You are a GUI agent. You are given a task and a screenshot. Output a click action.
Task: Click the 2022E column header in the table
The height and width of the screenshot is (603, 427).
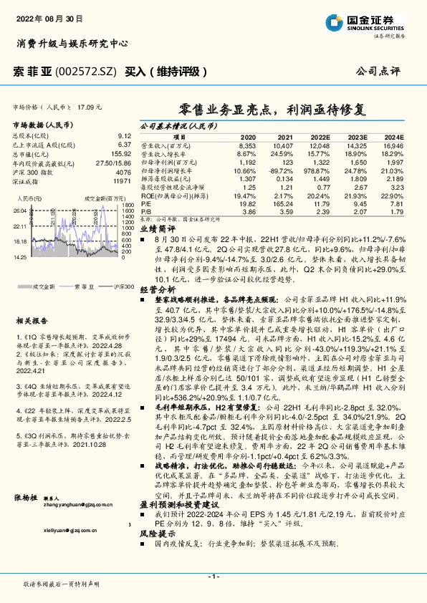(320, 136)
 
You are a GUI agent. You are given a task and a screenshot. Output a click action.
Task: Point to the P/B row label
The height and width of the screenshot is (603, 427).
(145, 213)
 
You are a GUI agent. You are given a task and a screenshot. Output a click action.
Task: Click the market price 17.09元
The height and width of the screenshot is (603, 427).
(90, 107)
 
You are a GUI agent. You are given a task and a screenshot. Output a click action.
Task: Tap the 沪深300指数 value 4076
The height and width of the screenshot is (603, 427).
(124, 173)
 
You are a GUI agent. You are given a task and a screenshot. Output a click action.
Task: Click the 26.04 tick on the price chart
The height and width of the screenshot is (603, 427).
(19, 210)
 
